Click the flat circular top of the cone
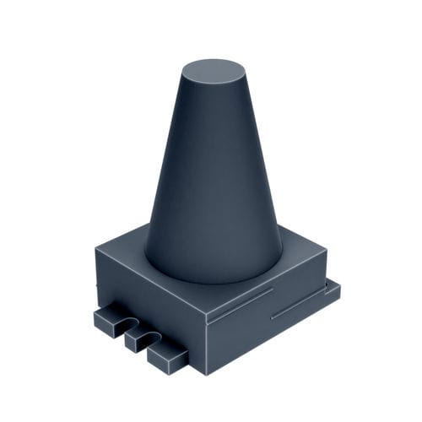pos(212,71)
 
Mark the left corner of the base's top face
pos(96,248)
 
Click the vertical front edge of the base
pos(205,346)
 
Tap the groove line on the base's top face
pos(245,303)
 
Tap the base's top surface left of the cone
pos(127,253)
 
